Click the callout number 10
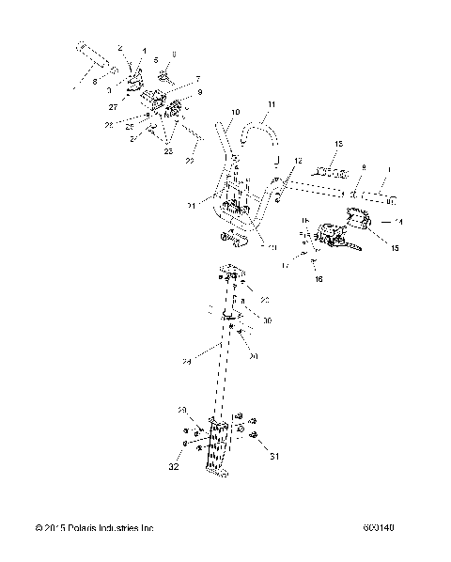pyautogui.click(x=235, y=112)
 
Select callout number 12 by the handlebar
pyautogui.click(x=298, y=163)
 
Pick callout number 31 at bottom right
pyautogui.click(x=275, y=458)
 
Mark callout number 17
pyautogui.click(x=286, y=266)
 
